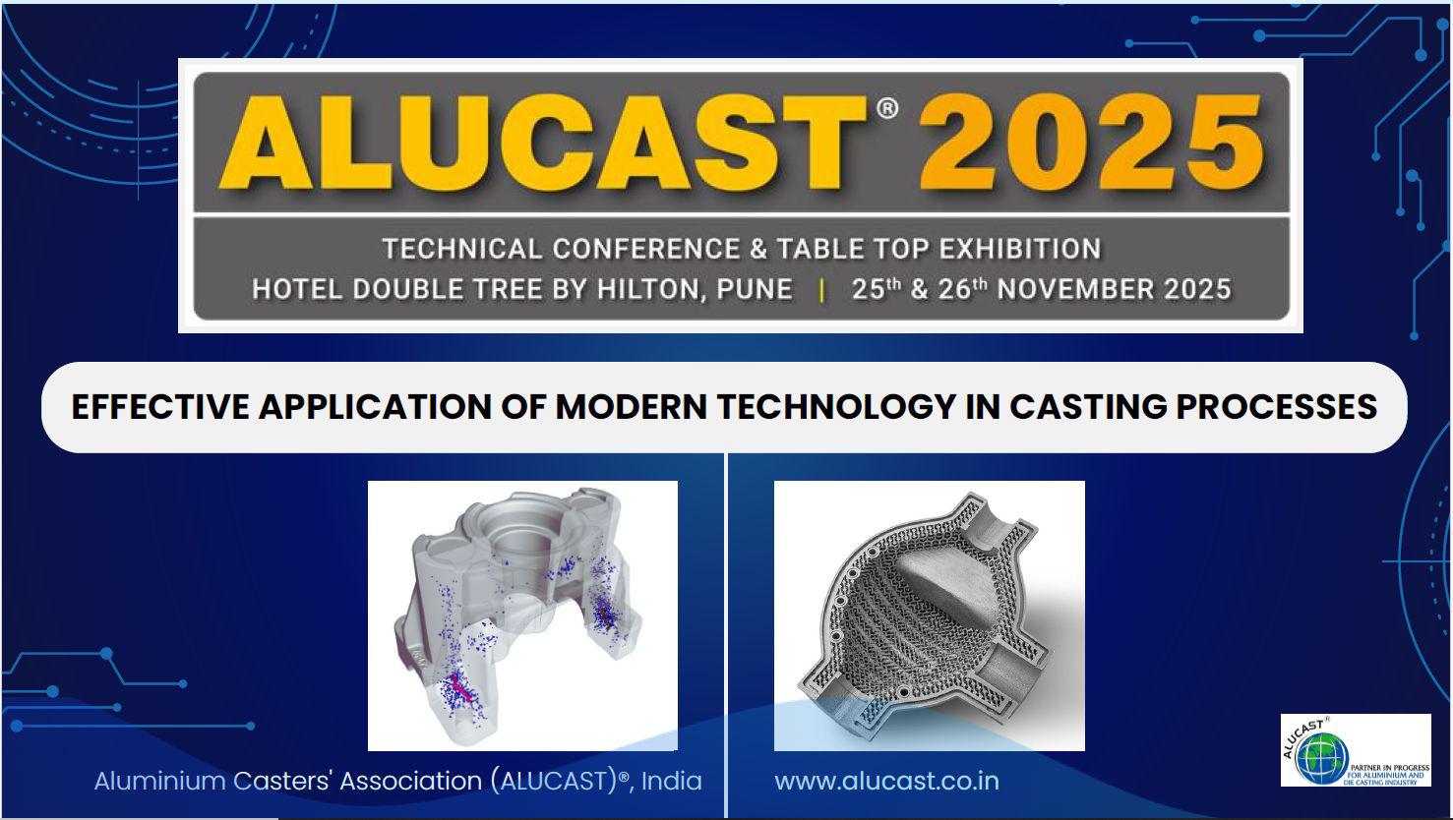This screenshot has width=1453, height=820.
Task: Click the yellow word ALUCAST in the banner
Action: pyautogui.click(x=543, y=144)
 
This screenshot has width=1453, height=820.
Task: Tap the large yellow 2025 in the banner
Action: pyautogui.click(x=1091, y=143)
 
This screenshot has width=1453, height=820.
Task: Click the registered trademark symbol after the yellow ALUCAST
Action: pyautogui.click(x=887, y=108)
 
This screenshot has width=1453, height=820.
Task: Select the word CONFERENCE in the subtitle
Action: pyautogui.click(x=646, y=249)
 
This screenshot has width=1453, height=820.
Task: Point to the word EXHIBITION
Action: pyautogui.click(x=1020, y=249)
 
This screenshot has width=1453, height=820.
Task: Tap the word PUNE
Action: pyautogui.click(x=755, y=289)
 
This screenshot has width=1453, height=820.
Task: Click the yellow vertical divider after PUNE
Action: pyautogui.click(x=821, y=290)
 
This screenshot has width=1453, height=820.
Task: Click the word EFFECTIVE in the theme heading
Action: pyautogui.click(x=160, y=407)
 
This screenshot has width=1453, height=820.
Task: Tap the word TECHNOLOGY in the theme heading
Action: pyautogui.click(x=837, y=407)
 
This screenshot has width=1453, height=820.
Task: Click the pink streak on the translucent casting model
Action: pyautogui.click(x=459, y=688)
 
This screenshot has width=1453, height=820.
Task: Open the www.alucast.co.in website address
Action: pyautogui.click(x=886, y=781)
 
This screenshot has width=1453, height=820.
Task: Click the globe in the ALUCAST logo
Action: pyautogui.click(x=1321, y=758)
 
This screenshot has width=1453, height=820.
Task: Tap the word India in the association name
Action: pyautogui.click(x=671, y=781)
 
